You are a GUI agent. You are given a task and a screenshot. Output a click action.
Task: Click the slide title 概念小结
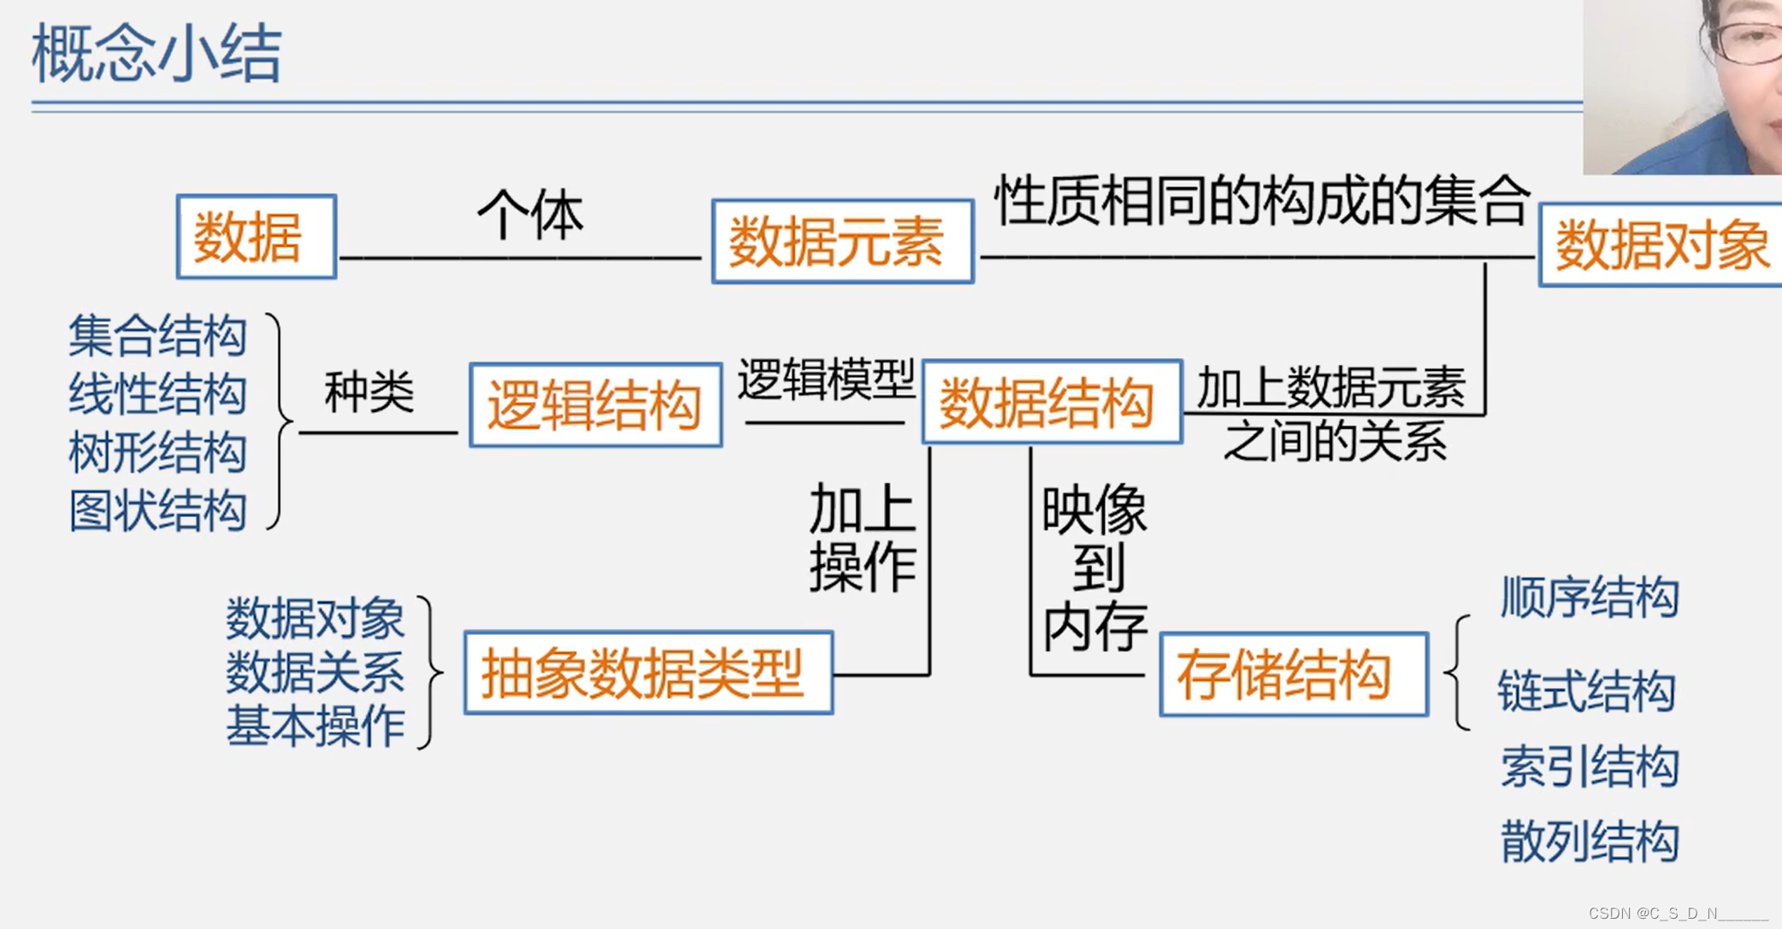click(156, 54)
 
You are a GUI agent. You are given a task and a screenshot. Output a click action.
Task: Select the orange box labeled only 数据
click(256, 237)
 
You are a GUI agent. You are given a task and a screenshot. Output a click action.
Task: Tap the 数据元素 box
click(842, 242)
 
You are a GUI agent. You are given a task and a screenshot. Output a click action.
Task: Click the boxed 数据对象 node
click(1660, 245)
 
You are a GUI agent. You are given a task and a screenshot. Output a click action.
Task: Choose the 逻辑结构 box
click(595, 405)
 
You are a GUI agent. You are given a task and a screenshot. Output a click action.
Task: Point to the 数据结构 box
click(1052, 403)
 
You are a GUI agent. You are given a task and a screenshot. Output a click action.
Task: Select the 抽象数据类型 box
click(648, 673)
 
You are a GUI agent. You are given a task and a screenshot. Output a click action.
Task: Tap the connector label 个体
click(530, 214)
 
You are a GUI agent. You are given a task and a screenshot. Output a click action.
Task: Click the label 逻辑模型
click(825, 379)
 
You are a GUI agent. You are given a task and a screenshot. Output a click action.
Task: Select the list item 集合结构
click(157, 335)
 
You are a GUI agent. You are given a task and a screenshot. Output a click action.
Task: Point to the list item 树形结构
click(157, 452)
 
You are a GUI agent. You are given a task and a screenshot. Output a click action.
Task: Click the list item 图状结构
click(157, 511)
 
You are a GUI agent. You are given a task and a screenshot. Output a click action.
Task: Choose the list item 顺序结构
click(1589, 597)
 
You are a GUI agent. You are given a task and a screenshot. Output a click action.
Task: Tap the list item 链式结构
click(1586, 691)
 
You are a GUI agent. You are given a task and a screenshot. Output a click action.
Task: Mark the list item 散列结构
click(1589, 841)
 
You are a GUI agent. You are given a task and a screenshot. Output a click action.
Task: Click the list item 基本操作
click(315, 726)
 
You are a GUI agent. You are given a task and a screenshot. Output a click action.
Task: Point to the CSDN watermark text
click(1676, 914)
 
